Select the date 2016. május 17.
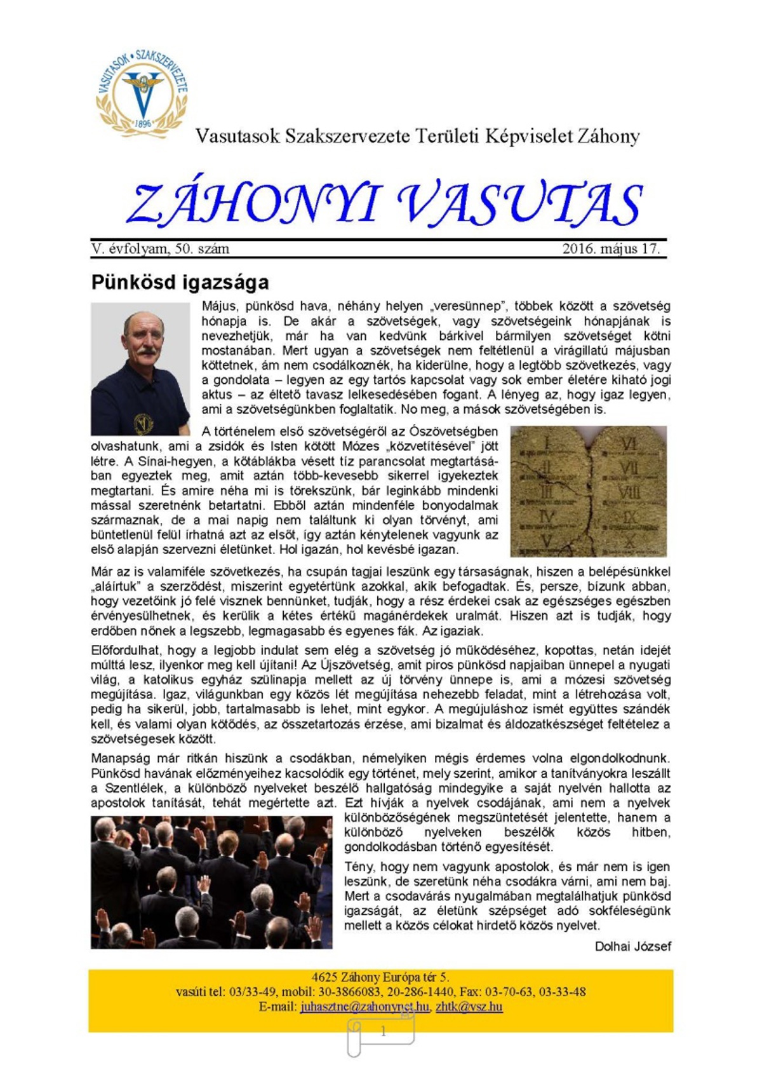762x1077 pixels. point(611,248)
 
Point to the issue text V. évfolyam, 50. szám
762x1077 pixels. point(160,248)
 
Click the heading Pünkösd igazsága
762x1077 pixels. point(180,282)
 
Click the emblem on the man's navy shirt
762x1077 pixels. point(143,421)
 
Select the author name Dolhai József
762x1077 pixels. point(632,947)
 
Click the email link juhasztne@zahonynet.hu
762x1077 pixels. point(365,1006)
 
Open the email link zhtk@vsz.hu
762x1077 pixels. point(469,1006)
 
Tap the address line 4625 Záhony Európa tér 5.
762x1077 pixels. point(380,977)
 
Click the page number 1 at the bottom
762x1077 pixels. point(383,1031)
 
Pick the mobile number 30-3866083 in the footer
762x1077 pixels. point(349,992)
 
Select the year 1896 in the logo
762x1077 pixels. point(143,123)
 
